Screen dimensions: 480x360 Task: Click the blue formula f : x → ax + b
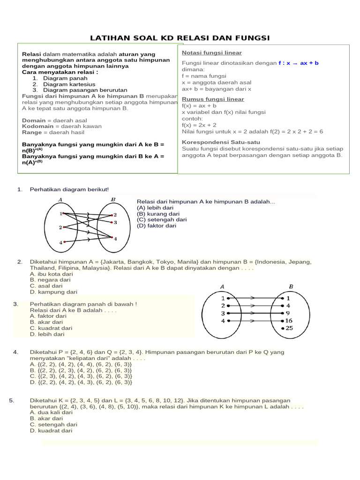point(299,63)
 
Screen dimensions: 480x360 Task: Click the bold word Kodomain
point(37,127)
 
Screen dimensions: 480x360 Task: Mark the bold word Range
point(32,133)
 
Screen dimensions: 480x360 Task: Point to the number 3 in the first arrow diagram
point(115,222)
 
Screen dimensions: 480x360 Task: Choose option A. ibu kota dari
point(51,274)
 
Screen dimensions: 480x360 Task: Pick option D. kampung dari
point(53,292)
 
